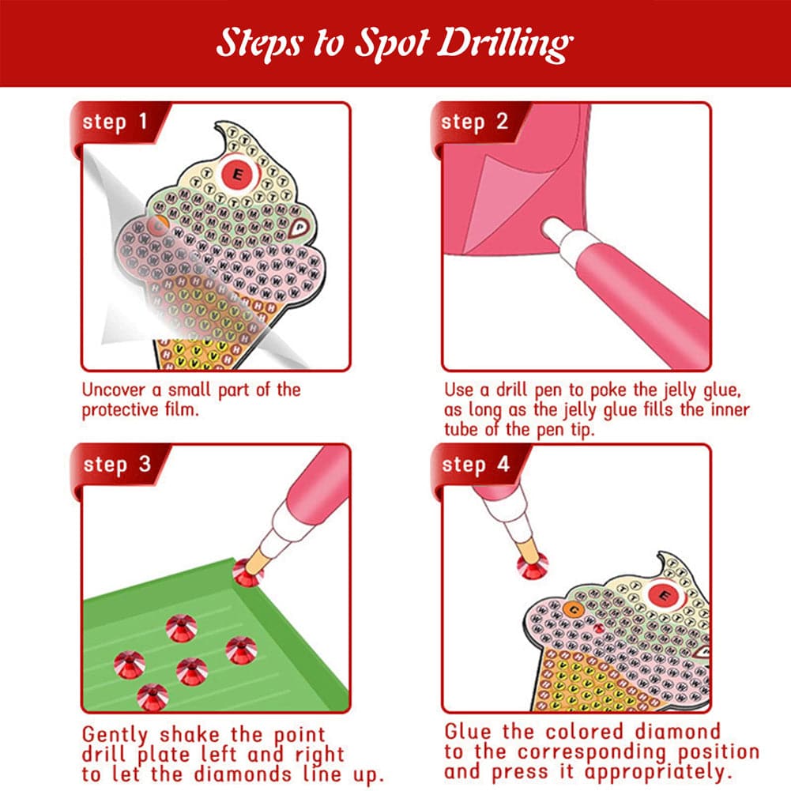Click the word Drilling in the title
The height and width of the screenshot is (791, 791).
click(x=503, y=44)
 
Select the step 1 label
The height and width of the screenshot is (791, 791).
click(x=115, y=122)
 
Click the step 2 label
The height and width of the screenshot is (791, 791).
click(x=474, y=122)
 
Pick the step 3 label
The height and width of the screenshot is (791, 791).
click(x=116, y=464)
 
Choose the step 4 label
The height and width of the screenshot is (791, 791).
click(x=475, y=464)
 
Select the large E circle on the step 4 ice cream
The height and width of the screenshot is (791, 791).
click(x=664, y=594)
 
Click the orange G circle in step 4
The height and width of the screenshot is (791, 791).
click(x=574, y=608)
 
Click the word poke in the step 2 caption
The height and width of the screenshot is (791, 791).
click(x=605, y=390)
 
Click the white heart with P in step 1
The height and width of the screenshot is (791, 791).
click(x=299, y=228)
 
